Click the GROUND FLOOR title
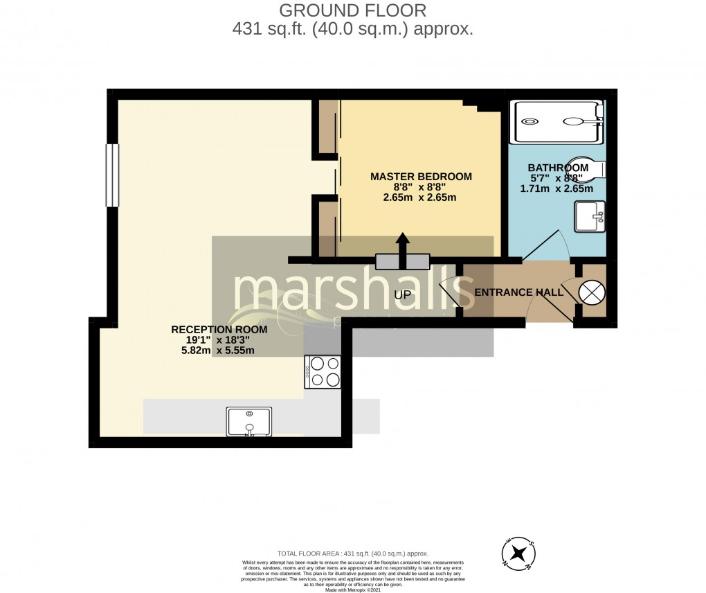pyautogui.click(x=353, y=10)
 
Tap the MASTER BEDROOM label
pyautogui.click(x=421, y=177)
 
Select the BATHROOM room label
pyautogui.click(x=558, y=168)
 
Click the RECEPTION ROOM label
pyautogui.click(x=219, y=330)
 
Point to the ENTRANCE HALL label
pyautogui.click(x=518, y=293)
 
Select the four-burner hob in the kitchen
pyautogui.click(x=323, y=371)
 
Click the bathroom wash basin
pyautogui.click(x=590, y=216)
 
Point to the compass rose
pyautogui.click(x=518, y=553)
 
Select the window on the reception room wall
pyautogui.click(x=112, y=175)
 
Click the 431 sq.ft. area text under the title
pyautogui.click(x=353, y=30)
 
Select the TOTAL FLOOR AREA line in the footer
pyautogui.click(x=353, y=554)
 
